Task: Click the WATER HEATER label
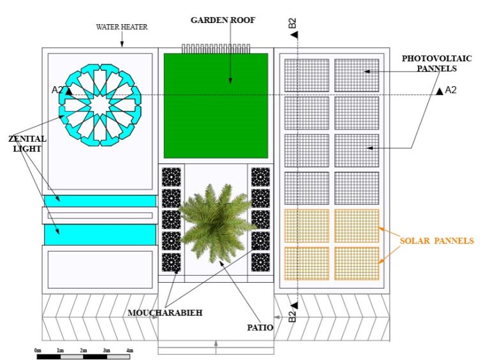click(x=122, y=27)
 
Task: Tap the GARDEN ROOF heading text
click(x=223, y=20)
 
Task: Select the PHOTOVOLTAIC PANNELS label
click(x=436, y=63)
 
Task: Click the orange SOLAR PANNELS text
click(x=436, y=241)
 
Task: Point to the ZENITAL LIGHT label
click(x=27, y=144)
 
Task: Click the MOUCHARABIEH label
click(x=165, y=313)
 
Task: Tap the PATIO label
click(x=260, y=327)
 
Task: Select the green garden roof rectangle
click(x=216, y=105)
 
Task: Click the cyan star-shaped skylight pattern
click(x=100, y=105)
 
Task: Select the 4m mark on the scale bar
click(x=130, y=350)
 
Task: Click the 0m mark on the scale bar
click(x=38, y=350)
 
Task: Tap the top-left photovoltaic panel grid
click(x=306, y=75)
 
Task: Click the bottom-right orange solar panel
click(x=357, y=264)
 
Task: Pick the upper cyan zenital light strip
click(x=100, y=201)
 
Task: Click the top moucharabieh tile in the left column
click(x=171, y=177)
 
